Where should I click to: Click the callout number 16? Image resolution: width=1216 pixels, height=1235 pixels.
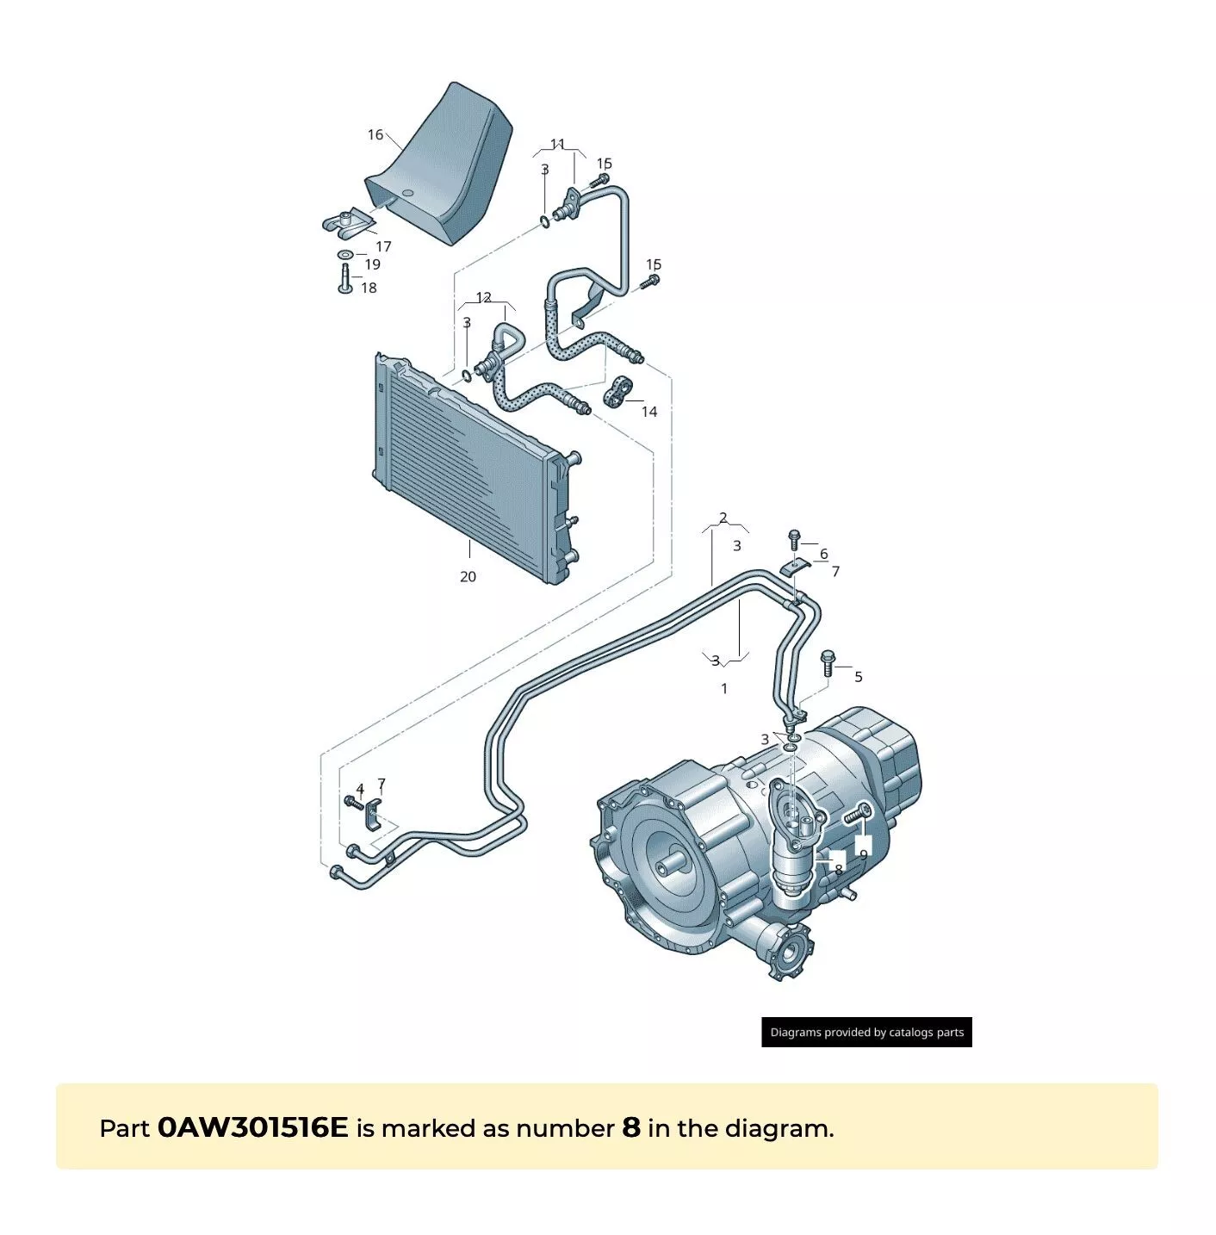[375, 134]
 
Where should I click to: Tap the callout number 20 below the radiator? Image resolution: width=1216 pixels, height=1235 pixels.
[468, 576]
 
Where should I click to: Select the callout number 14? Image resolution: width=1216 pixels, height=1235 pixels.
[649, 412]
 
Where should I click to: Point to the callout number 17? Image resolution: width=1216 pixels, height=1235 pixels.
[383, 246]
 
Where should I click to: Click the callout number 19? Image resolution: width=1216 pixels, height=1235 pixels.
[372, 264]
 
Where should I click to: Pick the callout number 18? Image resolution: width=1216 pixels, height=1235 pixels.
[369, 288]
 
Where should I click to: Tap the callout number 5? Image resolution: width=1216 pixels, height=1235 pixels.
[859, 677]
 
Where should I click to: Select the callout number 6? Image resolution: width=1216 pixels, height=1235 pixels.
[823, 553]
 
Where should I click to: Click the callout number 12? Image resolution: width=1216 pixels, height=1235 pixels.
[484, 297]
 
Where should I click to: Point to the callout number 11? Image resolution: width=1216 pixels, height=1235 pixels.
[558, 144]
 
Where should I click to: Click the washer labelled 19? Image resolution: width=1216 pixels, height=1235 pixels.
[344, 255]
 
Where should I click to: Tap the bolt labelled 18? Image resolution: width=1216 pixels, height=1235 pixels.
[344, 278]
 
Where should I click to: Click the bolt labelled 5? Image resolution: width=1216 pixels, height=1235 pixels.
[828, 663]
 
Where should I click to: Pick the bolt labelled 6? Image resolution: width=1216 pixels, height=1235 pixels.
[795, 540]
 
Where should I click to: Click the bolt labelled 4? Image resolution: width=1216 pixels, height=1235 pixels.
[354, 802]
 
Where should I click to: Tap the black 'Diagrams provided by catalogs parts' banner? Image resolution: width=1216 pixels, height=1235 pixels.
[866, 1032]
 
